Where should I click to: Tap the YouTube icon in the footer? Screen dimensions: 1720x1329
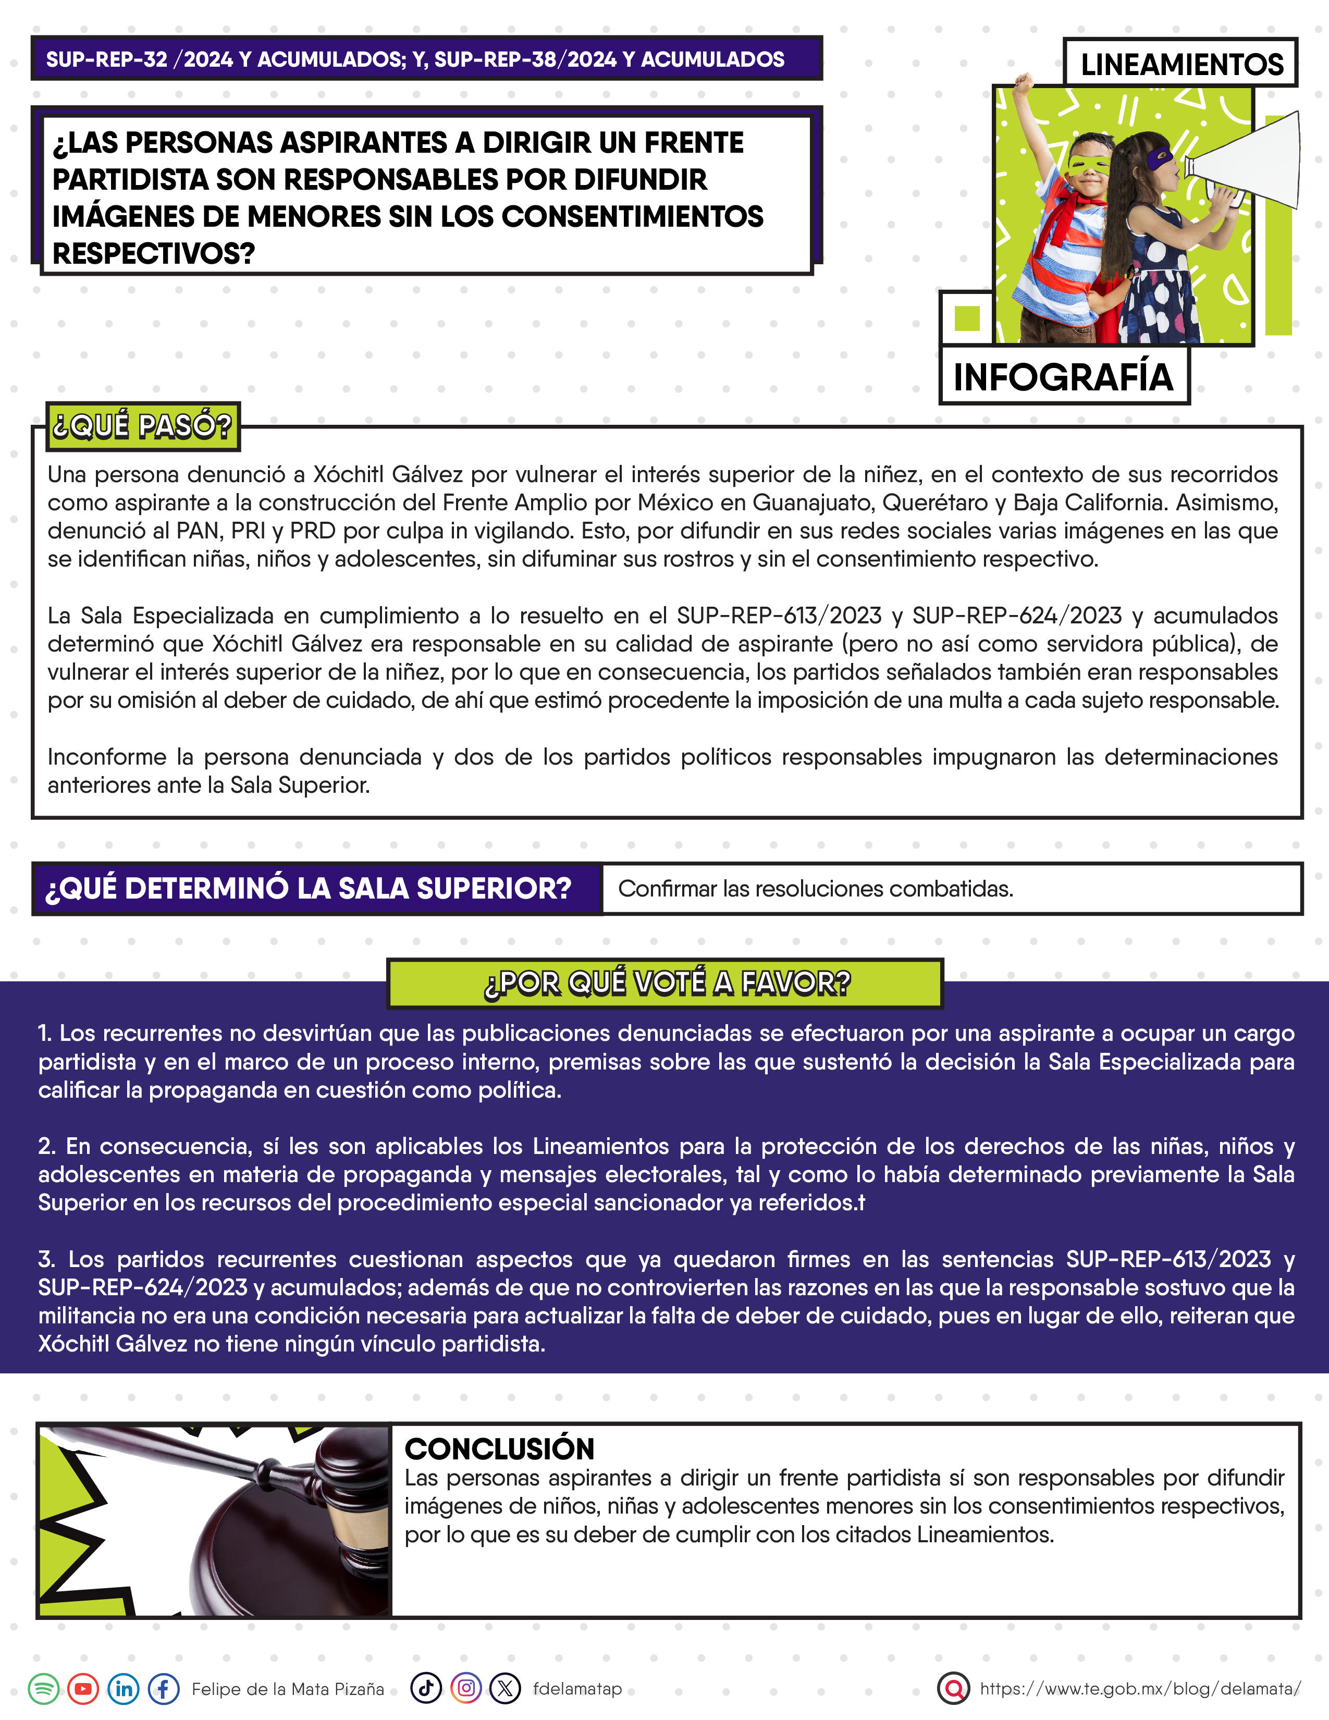pos(83,1689)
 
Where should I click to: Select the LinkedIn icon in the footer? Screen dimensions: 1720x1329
pos(124,1689)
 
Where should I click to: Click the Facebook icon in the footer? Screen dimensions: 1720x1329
pos(164,1689)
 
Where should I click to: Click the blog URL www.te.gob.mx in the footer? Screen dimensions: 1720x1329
pos(1140,1689)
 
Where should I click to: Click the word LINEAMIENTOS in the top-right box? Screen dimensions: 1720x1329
pos(1181,64)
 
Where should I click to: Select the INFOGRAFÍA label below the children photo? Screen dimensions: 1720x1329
pos(1063,376)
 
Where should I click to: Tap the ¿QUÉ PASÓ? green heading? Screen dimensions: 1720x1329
pos(142,426)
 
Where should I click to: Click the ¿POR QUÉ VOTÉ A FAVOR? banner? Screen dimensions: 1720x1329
pos(666,983)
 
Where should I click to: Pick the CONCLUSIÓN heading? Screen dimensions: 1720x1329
pos(499,1448)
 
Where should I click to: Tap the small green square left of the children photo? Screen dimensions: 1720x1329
pos(966,318)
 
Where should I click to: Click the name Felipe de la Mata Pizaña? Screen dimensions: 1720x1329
pos(288,1689)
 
